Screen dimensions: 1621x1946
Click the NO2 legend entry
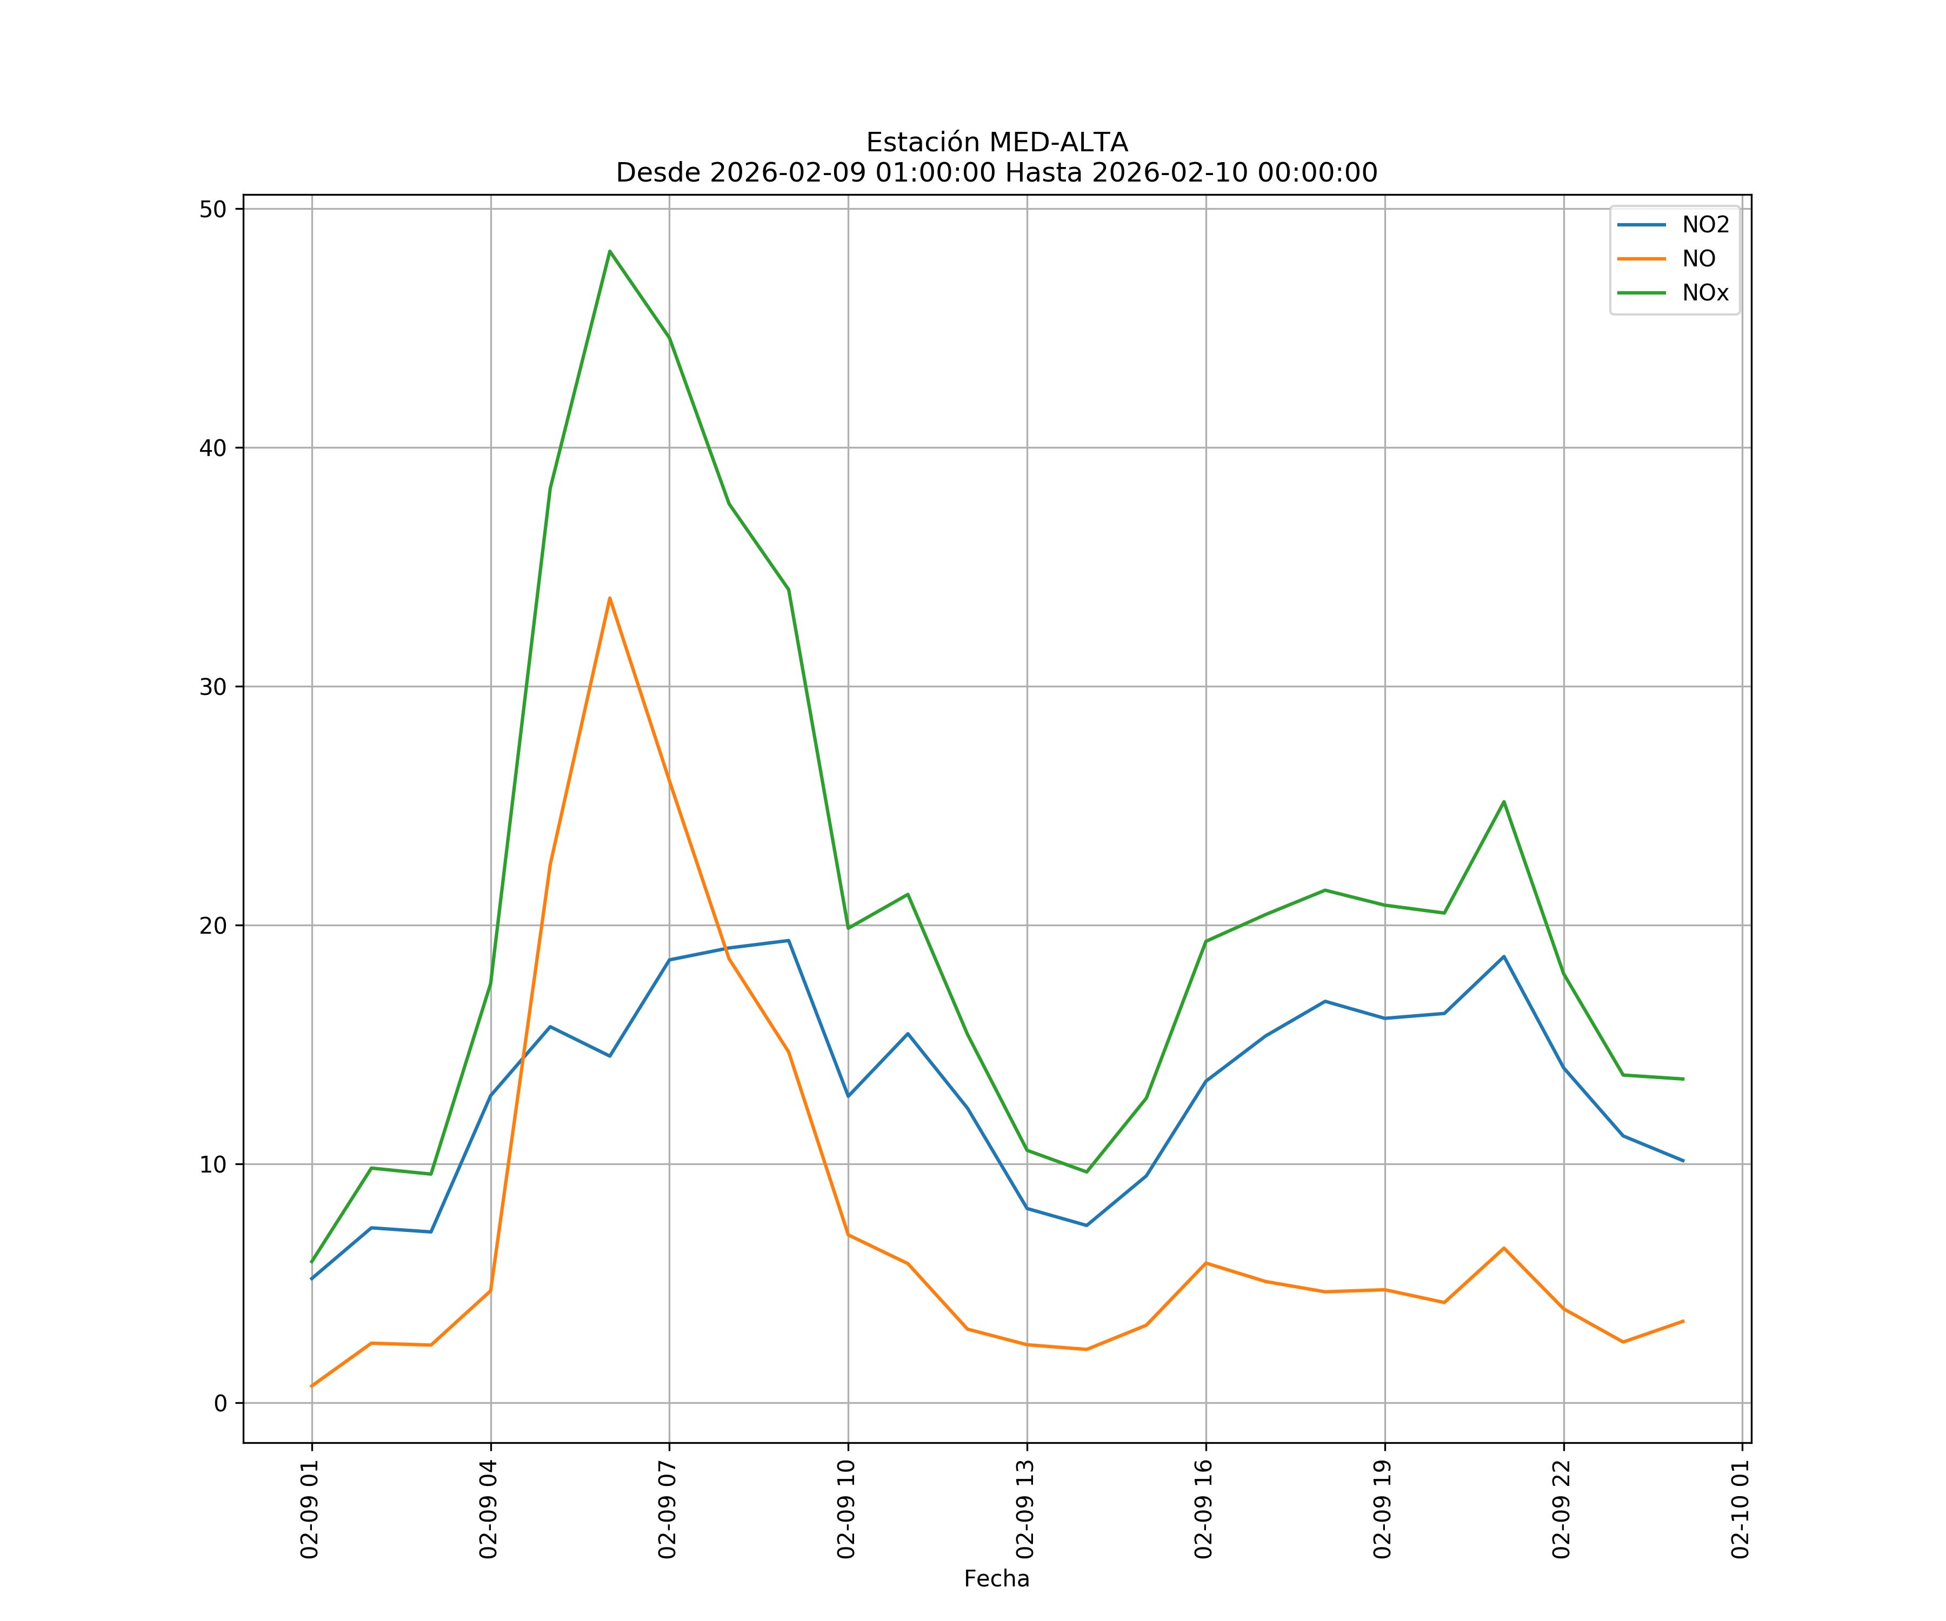[x=1705, y=225]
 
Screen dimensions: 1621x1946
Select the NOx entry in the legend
[x=1705, y=293]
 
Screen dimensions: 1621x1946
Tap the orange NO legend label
[x=1698, y=259]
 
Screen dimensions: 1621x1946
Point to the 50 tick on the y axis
[x=213, y=209]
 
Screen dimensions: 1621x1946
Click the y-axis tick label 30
[x=213, y=687]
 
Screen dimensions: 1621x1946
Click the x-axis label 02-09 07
[x=667, y=1509]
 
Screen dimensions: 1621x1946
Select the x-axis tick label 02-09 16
[x=1204, y=1509]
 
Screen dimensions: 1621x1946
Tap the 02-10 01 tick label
[x=1740, y=1509]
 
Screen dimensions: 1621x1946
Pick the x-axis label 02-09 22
[x=1562, y=1509]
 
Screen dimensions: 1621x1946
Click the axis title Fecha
[x=996, y=1579]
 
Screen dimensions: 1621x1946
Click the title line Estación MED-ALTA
[x=996, y=143]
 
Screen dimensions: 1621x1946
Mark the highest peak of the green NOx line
[x=610, y=251]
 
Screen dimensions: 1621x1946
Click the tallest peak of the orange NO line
[x=610, y=598]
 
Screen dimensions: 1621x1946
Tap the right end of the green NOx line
[x=1683, y=1079]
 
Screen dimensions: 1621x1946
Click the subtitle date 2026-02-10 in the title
[x=1169, y=173]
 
